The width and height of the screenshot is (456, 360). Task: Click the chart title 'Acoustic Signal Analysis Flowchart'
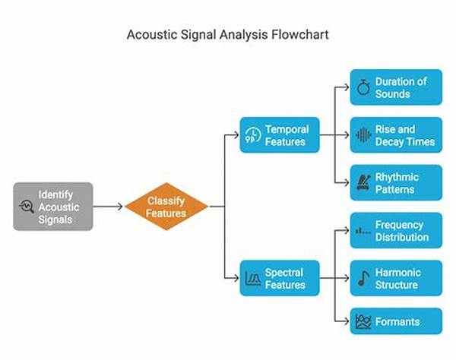tap(228, 35)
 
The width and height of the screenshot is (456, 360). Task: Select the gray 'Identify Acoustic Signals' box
tap(53, 206)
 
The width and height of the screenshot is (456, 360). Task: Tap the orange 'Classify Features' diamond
tap(166, 206)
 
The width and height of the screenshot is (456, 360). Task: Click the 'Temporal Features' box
tap(279, 135)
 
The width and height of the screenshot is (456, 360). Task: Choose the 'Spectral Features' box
tap(279, 278)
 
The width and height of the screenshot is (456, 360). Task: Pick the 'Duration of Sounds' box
tap(395, 87)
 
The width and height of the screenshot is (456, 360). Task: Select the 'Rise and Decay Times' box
tap(395, 135)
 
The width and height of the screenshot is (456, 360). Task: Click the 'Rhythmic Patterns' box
tap(395, 183)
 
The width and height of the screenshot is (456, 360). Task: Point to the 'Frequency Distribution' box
tap(395, 231)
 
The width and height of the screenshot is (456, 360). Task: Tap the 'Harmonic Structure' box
tap(395, 278)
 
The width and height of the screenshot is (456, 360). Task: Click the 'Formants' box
tap(395, 321)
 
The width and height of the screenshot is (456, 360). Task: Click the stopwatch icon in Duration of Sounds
tap(363, 88)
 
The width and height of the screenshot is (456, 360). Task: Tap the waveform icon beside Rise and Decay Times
tap(363, 135)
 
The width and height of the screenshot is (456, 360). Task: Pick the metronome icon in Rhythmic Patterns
tap(363, 183)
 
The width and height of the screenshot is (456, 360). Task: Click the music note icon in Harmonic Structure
tap(363, 279)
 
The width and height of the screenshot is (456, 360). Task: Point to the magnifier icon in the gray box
tap(28, 206)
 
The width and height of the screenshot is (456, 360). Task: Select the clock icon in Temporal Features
tap(252, 136)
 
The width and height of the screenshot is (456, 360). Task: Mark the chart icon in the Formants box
tap(363, 321)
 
